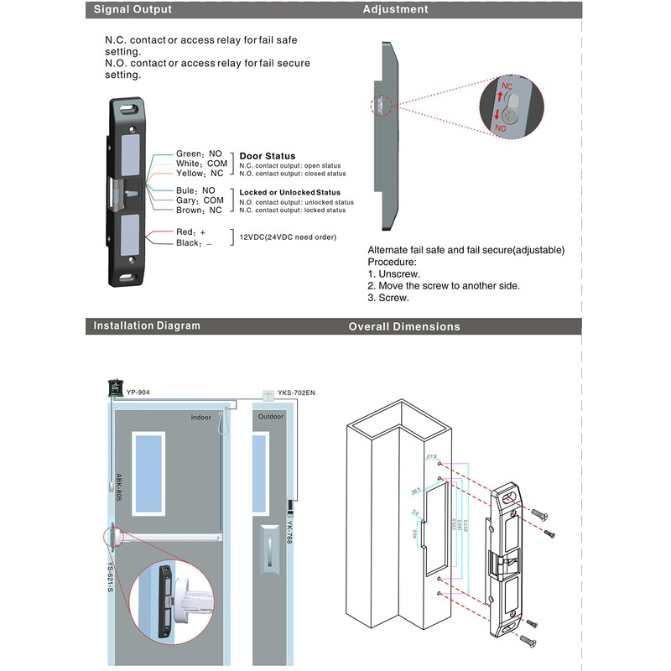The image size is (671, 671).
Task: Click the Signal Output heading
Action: [133, 9]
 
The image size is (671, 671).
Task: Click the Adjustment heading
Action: [395, 9]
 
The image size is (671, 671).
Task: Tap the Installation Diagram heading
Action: [147, 325]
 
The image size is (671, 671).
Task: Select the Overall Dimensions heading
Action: [404, 326]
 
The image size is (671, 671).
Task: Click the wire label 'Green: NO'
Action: [199, 153]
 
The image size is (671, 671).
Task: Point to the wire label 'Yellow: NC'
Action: [200, 173]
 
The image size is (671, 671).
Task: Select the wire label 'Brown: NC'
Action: [199, 211]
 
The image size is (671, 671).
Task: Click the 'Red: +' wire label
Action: [190, 231]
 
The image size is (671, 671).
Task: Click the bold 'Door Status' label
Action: [268, 156]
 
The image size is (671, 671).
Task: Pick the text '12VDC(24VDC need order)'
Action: [288, 237]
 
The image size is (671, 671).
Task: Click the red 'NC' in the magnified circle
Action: [507, 86]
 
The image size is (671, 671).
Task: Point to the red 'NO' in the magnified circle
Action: [501, 127]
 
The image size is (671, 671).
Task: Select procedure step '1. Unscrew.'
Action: [394, 273]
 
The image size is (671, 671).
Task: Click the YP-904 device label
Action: [138, 391]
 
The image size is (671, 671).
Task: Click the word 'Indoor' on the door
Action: [201, 417]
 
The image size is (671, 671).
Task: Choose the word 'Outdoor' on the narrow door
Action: [271, 417]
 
